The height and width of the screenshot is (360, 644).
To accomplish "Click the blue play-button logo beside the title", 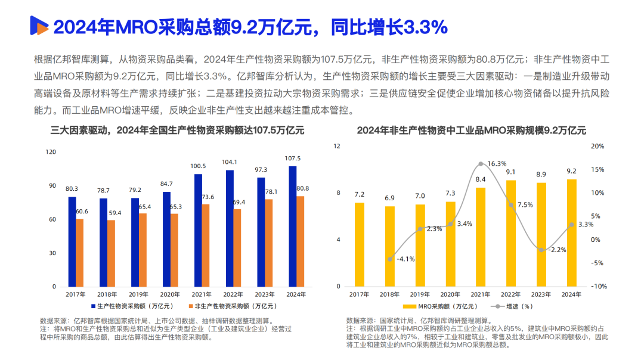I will point(39,26).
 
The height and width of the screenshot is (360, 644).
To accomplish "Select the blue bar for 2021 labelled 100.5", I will point(198,230).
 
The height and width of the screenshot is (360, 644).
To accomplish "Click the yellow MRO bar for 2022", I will point(512,233).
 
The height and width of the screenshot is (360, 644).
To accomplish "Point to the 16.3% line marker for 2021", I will point(481,163).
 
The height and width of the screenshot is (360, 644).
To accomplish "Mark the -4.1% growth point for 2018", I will point(390,259).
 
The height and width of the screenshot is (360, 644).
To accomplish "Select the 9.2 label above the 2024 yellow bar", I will point(571,170).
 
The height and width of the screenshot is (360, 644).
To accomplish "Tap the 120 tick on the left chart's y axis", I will point(51,152).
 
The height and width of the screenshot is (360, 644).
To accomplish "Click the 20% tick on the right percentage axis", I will point(598,146).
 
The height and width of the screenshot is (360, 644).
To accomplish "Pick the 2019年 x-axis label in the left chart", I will point(139,294).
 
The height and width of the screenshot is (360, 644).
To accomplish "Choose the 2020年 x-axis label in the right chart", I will point(450,294).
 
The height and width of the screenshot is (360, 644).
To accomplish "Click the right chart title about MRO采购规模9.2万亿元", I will point(471,131).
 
